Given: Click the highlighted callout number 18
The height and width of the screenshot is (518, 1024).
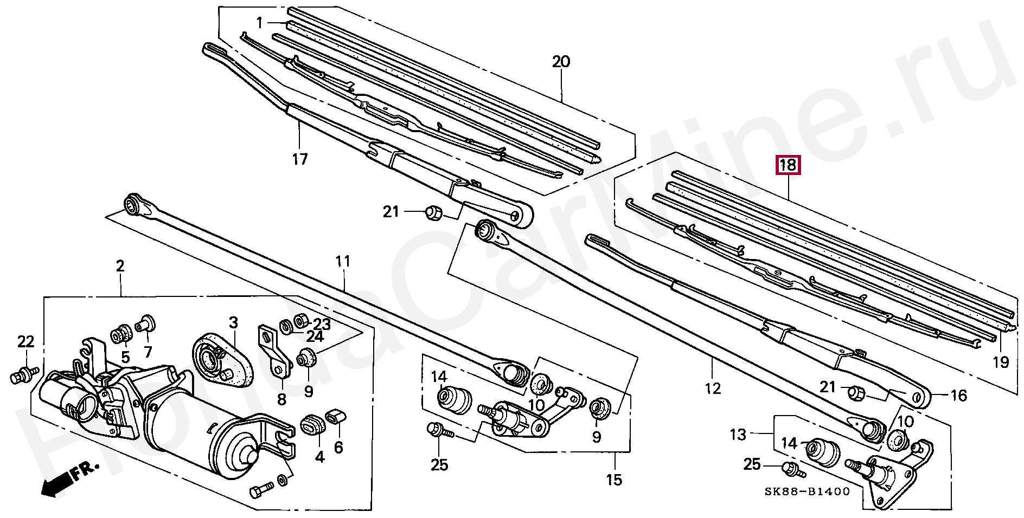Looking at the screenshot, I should click(x=788, y=165).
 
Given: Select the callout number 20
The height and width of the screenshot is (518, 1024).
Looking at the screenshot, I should click(x=561, y=62).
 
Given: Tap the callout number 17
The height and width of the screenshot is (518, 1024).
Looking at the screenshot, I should click(x=300, y=159).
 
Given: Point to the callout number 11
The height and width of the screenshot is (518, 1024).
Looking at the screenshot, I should click(x=343, y=262).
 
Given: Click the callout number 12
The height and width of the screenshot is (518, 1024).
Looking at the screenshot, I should click(x=713, y=388).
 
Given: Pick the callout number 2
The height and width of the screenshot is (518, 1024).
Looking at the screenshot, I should click(x=120, y=266).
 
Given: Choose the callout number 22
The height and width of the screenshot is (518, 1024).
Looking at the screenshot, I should click(x=25, y=342).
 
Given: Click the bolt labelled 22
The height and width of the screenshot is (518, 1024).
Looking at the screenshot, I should click(x=23, y=374).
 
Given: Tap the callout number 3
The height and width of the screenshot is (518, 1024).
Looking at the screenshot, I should click(x=233, y=323).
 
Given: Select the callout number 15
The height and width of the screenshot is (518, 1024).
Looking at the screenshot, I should click(x=614, y=480).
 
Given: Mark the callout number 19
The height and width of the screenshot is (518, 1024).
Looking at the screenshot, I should click(x=1001, y=362).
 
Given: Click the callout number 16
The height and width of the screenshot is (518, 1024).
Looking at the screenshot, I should click(x=959, y=396).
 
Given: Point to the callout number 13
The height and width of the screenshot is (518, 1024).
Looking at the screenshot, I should click(x=738, y=435).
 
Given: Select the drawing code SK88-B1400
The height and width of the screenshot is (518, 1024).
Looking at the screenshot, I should click(x=807, y=492).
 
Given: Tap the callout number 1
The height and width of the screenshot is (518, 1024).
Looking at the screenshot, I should click(x=260, y=23).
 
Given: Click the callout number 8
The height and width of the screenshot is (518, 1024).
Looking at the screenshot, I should click(x=281, y=400).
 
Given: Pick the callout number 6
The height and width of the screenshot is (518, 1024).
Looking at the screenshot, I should click(x=338, y=447).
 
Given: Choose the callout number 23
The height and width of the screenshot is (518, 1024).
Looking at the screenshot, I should click(x=322, y=324).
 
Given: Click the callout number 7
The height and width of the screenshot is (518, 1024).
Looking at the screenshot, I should click(x=148, y=352).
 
